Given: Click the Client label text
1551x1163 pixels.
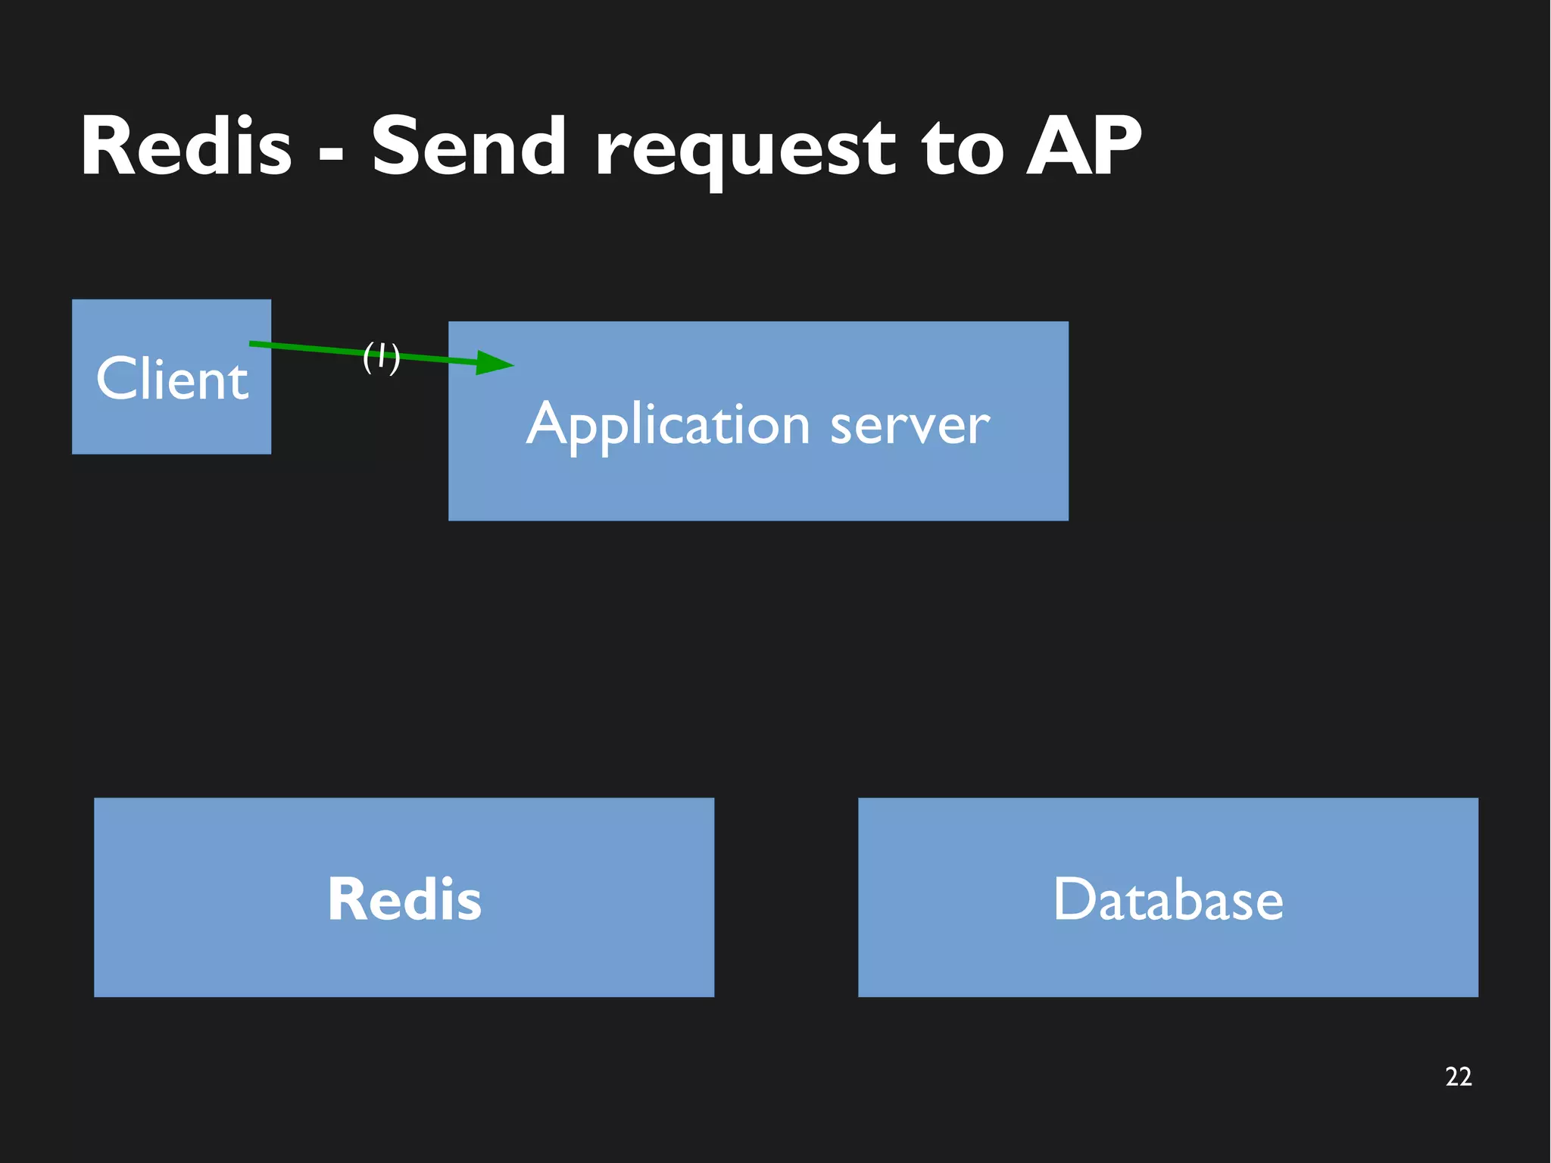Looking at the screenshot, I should (172, 378).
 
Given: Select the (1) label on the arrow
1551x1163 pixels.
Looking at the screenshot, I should (381, 356).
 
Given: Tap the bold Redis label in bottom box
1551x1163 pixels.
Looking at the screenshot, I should (404, 899).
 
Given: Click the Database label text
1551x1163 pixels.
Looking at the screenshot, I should (1168, 899).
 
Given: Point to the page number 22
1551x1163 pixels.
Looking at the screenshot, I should (1458, 1077).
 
